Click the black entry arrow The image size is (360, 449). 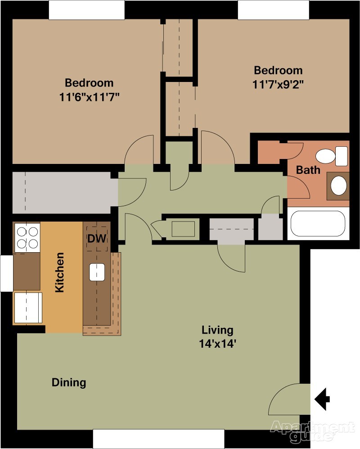click(322, 399)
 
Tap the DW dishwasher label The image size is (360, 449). click(97, 238)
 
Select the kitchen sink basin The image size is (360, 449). click(97, 272)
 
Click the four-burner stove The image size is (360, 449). click(27, 237)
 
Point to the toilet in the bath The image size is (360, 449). click(331, 156)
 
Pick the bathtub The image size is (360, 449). click(318, 223)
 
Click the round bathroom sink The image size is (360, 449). click(338, 185)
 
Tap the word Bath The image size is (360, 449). click(308, 170)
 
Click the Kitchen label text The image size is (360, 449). click(59, 272)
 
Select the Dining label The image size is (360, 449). click(69, 382)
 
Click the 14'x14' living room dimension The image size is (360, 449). click(217, 343)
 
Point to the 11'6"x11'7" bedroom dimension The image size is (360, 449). click(89, 97)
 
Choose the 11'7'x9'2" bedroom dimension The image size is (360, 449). click(278, 85)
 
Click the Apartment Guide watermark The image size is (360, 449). click(312, 431)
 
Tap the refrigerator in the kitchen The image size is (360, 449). click(28, 308)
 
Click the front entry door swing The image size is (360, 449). click(290, 399)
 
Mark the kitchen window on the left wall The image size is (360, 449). click(7, 273)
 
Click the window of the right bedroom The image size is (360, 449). click(274, 10)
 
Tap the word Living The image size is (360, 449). click(217, 330)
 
